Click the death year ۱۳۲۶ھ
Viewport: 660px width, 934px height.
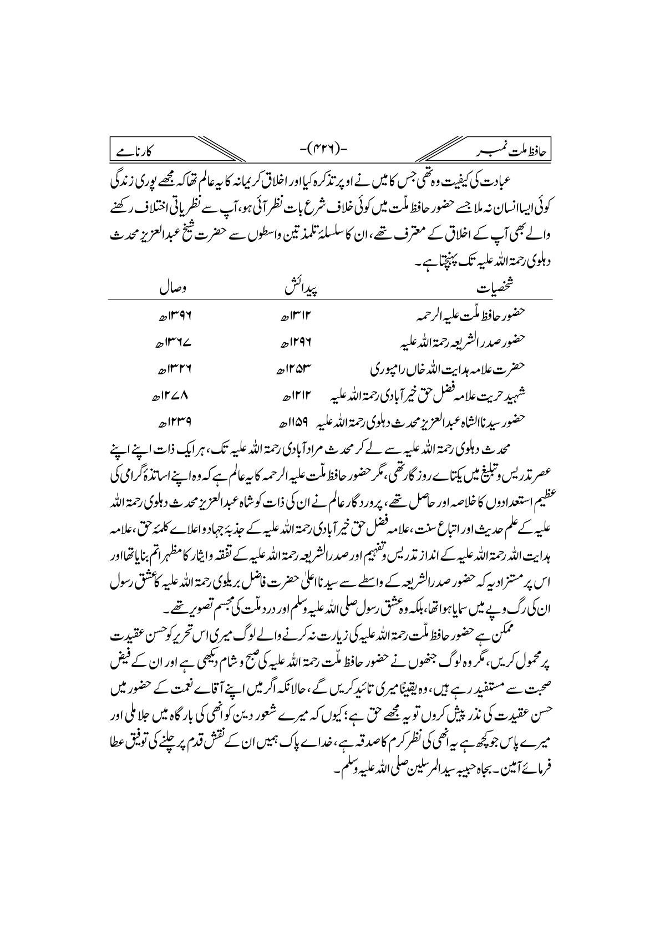[169, 368]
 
